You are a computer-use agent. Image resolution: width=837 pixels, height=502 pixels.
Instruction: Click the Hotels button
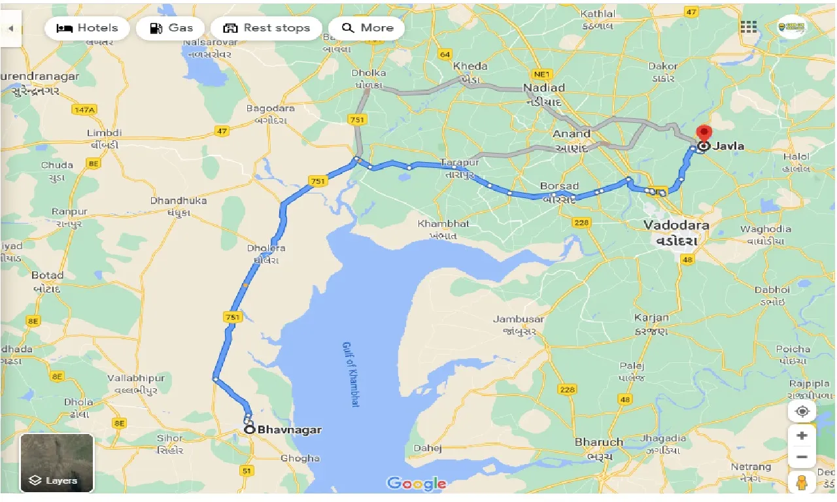click(x=88, y=28)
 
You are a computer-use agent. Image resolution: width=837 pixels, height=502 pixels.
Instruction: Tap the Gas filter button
click(x=171, y=28)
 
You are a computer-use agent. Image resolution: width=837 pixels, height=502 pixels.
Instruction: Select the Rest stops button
click(x=266, y=28)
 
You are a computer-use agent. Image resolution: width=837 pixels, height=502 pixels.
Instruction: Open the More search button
click(x=367, y=28)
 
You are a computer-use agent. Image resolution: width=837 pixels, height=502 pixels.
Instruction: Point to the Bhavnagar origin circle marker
click(x=250, y=429)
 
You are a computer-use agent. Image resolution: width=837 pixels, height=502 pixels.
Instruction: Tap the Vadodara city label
click(x=676, y=225)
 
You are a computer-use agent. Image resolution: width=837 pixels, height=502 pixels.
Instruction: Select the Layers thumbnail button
click(x=57, y=463)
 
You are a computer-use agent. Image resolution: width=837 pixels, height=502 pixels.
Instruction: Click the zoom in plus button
click(x=802, y=436)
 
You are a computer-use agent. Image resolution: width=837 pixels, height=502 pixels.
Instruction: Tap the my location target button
click(x=802, y=412)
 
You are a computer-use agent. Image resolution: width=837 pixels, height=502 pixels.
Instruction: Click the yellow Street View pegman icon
click(x=802, y=482)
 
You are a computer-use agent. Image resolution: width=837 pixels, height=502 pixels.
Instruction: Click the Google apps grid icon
click(x=748, y=27)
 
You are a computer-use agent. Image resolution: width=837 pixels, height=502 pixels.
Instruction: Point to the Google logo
click(x=417, y=484)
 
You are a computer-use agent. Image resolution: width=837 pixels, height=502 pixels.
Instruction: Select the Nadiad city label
click(x=544, y=88)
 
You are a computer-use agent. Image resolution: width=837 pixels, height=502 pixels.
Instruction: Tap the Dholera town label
click(x=266, y=248)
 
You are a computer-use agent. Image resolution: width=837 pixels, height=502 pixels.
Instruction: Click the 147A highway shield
click(x=84, y=110)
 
